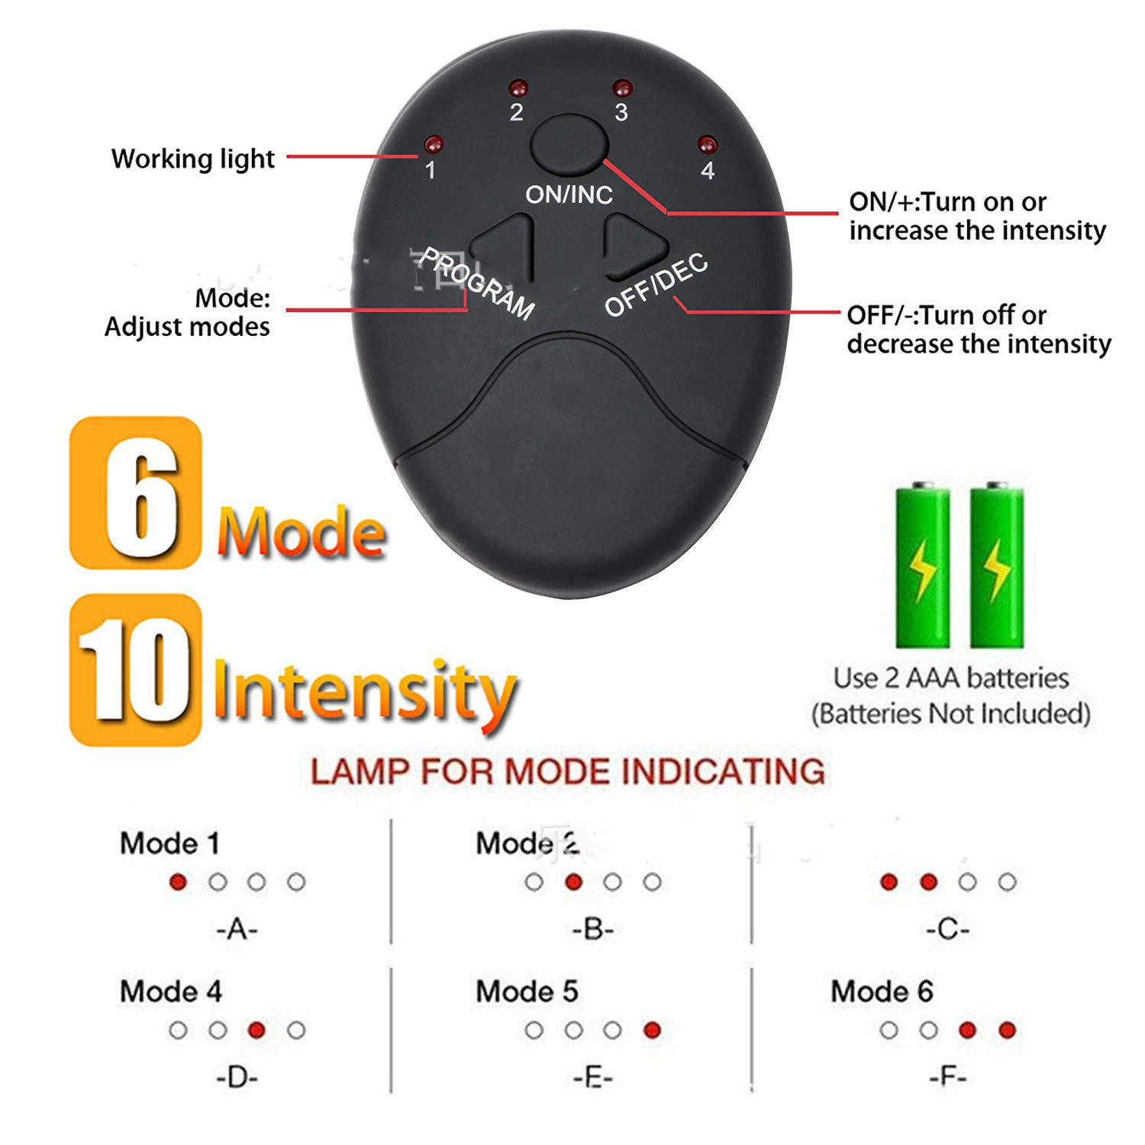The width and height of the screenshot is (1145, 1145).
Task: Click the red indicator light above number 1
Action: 433,144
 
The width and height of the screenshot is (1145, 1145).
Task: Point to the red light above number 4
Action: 708,144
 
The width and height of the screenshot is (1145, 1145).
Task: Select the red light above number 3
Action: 622,87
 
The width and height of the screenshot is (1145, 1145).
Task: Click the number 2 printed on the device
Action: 517,113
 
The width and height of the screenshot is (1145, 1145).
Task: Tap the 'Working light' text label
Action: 193,159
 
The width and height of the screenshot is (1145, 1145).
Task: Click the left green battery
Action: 923,565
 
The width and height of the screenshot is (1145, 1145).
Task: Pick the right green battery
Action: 996,565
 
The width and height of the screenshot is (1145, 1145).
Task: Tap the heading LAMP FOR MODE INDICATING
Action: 568,772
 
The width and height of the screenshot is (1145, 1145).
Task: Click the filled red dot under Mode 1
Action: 179,882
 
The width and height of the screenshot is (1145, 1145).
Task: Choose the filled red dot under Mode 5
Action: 652,1030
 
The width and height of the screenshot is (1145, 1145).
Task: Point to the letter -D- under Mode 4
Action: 237,1078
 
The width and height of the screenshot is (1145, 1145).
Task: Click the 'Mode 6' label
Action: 882,992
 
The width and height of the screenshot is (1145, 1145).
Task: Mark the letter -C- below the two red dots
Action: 947,930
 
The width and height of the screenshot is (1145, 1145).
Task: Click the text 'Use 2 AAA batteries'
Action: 950,678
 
